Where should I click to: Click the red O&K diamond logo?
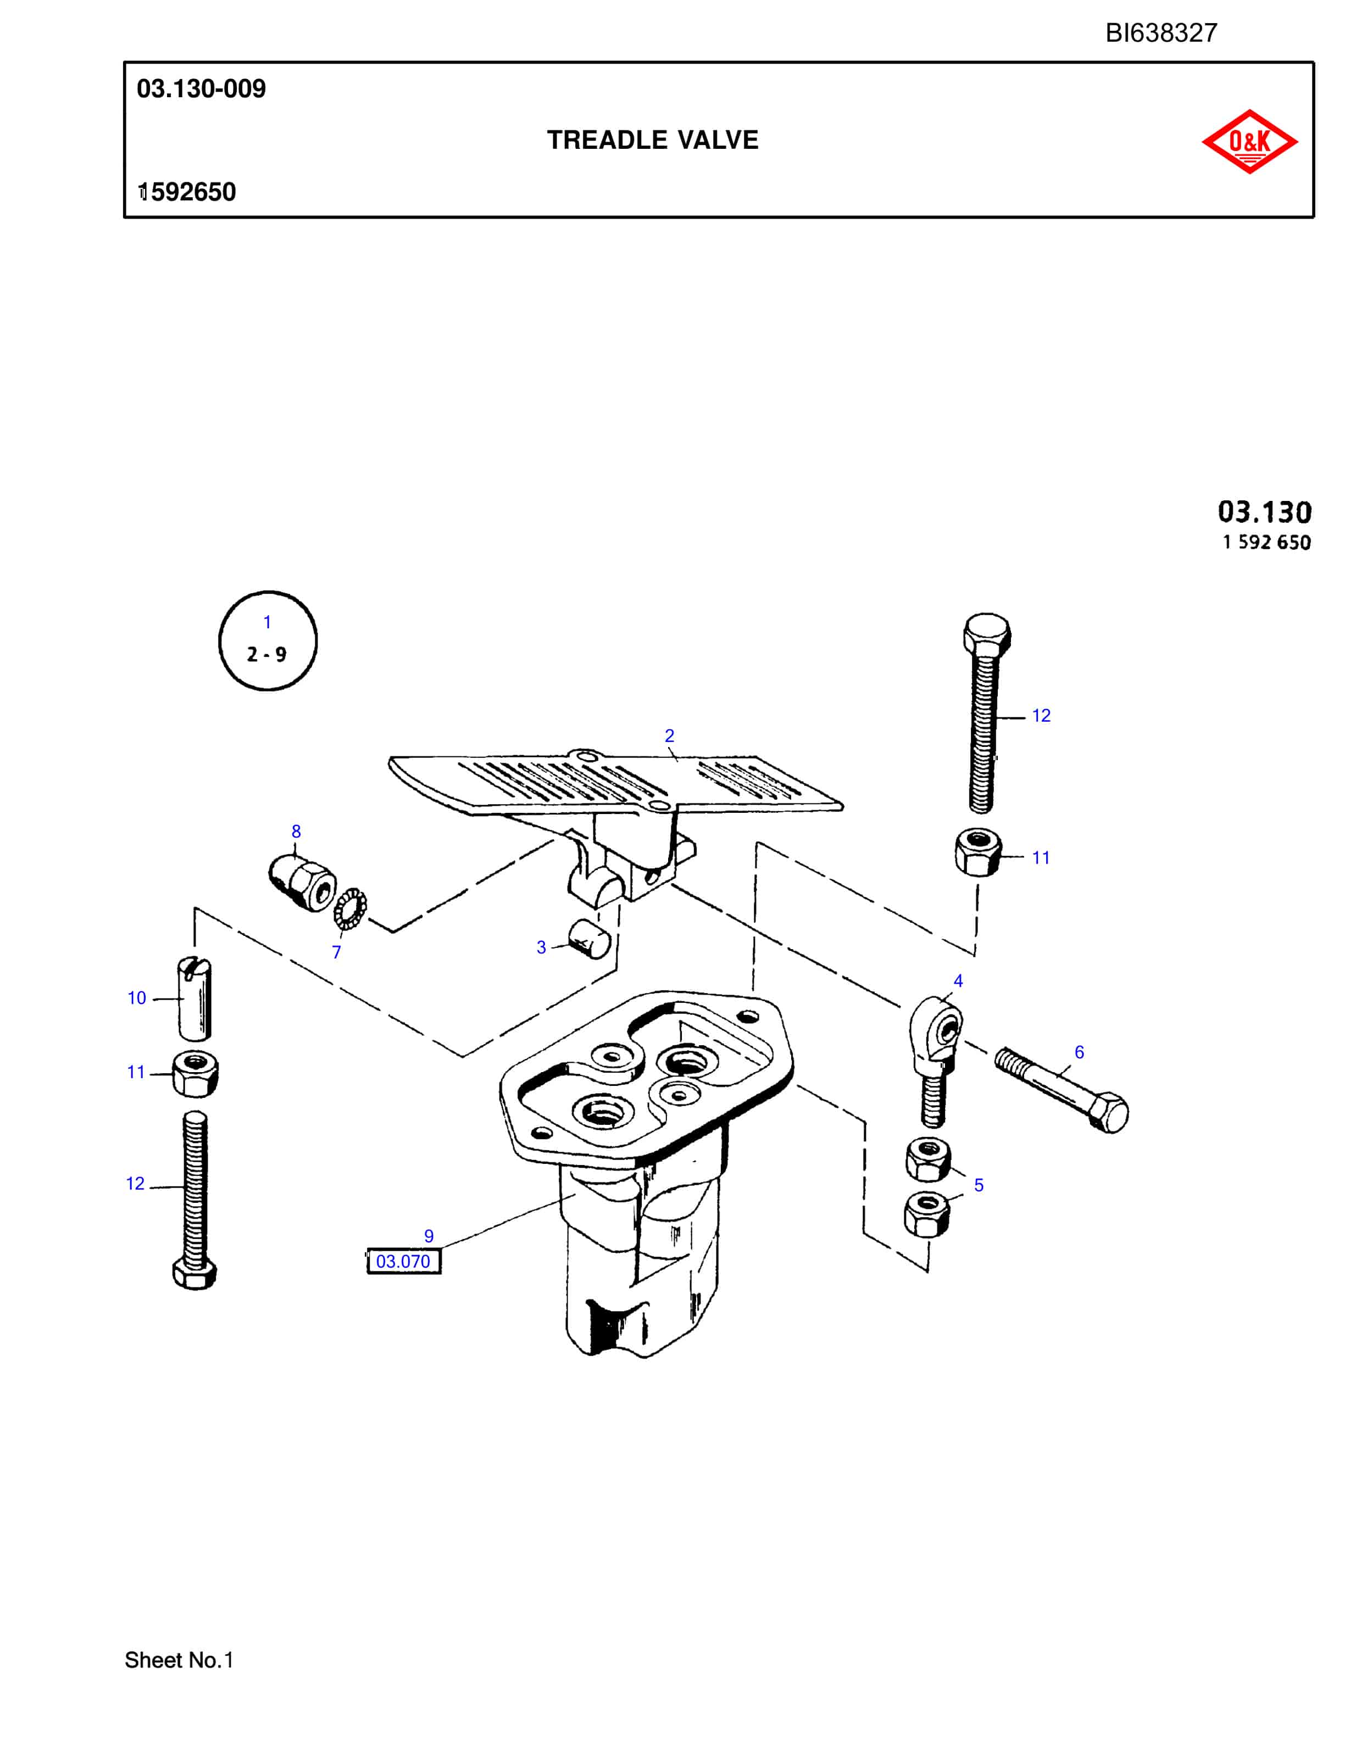click(1249, 142)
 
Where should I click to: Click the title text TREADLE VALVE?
click(653, 140)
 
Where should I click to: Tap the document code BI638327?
click(1161, 32)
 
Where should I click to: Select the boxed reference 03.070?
click(403, 1261)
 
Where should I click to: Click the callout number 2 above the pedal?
click(669, 736)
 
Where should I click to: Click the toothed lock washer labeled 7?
click(350, 908)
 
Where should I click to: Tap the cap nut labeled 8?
click(301, 883)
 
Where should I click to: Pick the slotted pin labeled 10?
click(194, 999)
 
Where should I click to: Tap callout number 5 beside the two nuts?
click(979, 1185)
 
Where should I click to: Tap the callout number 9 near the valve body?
click(429, 1236)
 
